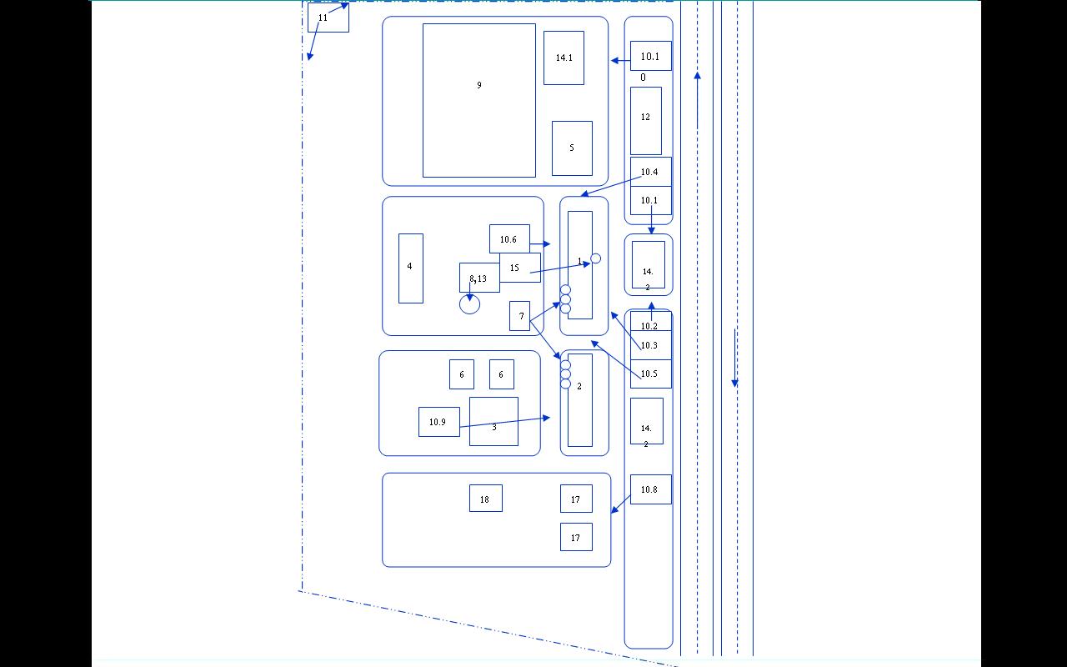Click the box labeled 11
(328, 18)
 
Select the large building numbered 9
(479, 101)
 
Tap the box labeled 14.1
(564, 58)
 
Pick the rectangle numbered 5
(572, 148)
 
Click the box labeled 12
(646, 121)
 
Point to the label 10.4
(649, 172)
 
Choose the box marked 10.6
(509, 238)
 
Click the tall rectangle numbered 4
(411, 268)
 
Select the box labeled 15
(520, 268)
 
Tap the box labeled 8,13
(479, 278)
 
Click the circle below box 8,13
(469, 304)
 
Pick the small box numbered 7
(519, 316)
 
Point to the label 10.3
(649, 345)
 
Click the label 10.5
(649, 374)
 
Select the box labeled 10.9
(439, 422)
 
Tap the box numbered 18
(486, 499)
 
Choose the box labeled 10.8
(651, 489)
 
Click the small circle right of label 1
(595, 258)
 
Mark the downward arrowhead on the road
(735, 383)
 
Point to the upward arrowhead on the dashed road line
(698, 76)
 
